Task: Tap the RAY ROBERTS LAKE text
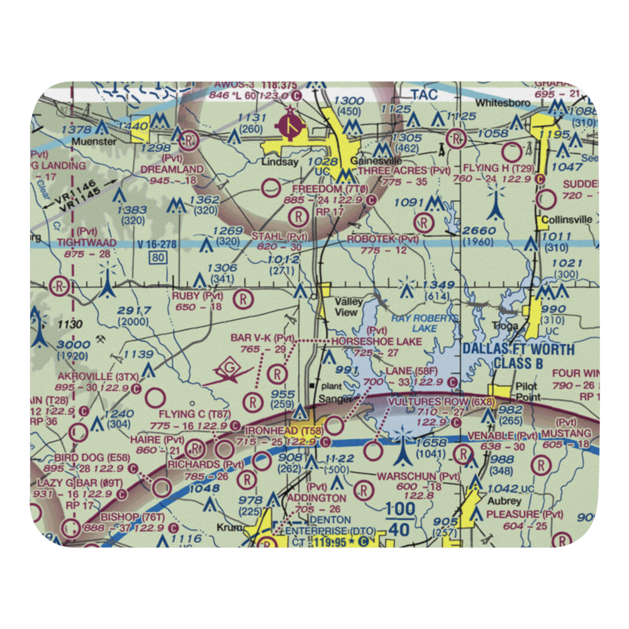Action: (x=423, y=323)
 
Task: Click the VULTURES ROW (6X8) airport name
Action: (x=441, y=401)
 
